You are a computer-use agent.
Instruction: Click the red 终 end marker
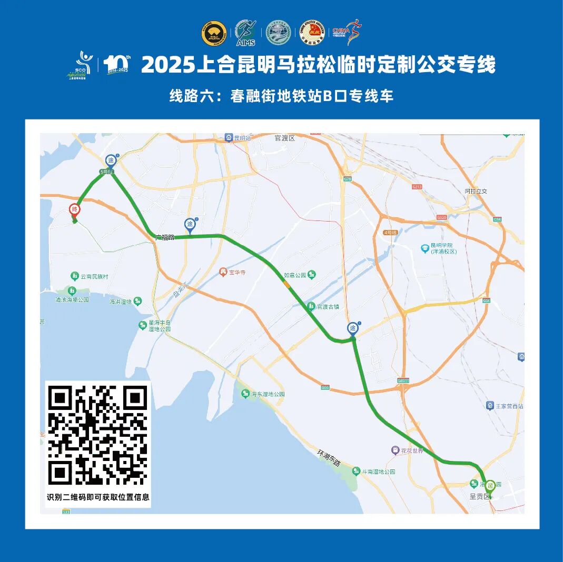tap(75, 209)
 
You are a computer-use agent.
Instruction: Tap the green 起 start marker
tap(490, 485)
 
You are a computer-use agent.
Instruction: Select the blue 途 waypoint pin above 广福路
tap(190, 225)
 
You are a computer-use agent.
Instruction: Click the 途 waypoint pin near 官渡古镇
tap(353, 329)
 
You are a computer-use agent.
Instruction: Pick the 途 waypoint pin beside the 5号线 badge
tap(111, 160)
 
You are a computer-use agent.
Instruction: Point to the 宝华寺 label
tap(235, 272)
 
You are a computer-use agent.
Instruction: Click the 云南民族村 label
tap(94, 276)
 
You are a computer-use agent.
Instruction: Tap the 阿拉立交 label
tap(476, 191)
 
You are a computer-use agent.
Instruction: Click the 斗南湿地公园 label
tap(378, 471)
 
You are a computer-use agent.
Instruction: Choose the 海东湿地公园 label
tap(268, 394)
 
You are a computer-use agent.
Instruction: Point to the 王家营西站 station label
tap(509, 406)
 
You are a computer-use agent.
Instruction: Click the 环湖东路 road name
tap(329, 457)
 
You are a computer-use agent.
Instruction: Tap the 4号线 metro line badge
tap(390, 232)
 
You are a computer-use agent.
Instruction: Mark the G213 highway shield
tap(418, 187)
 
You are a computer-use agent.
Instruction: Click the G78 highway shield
tap(347, 179)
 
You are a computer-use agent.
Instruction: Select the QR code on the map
tap(97, 436)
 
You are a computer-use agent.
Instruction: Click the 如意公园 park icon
tap(312, 275)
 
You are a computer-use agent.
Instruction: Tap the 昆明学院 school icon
tap(425, 248)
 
